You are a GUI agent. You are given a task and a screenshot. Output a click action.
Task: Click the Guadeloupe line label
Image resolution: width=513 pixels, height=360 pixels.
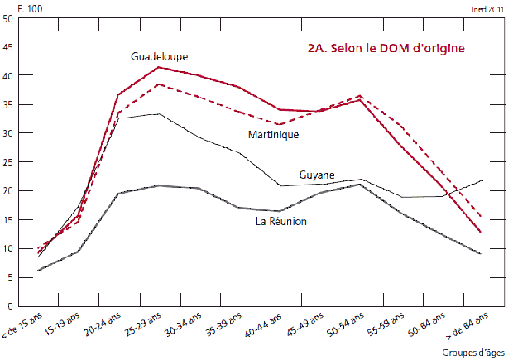pyautogui.click(x=160, y=56)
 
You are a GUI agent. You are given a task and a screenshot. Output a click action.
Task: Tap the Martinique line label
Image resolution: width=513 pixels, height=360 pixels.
pyautogui.click(x=273, y=134)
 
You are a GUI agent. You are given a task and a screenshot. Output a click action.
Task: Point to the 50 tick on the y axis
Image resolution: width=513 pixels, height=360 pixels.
pyautogui.click(x=7, y=18)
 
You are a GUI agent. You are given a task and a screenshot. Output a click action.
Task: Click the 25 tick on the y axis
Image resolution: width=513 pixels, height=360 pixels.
pyautogui.click(x=7, y=162)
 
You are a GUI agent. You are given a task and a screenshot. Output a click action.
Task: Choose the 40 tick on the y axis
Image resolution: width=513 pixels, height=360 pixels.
pyautogui.click(x=7, y=75)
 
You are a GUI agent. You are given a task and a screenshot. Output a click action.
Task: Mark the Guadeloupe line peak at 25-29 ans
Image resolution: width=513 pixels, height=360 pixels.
pyautogui.click(x=159, y=67)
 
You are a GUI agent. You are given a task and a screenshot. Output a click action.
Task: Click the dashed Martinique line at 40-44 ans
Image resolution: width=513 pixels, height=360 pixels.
pyautogui.click(x=280, y=125)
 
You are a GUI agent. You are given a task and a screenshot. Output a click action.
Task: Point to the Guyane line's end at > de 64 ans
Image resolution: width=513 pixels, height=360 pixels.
pyautogui.click(x=482, y=180)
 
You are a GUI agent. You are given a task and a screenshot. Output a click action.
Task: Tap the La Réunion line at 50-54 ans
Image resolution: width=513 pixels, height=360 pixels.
pyautogui.click(x=360, y=185)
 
